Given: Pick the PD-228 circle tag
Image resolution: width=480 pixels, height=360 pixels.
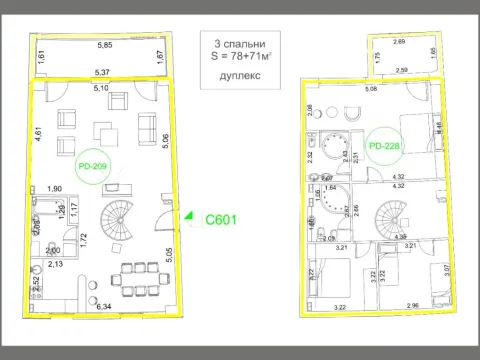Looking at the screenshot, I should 383,147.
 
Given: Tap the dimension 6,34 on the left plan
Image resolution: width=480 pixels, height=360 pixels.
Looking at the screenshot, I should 103,307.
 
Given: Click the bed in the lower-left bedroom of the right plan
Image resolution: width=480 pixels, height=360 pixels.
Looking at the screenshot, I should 335,275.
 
